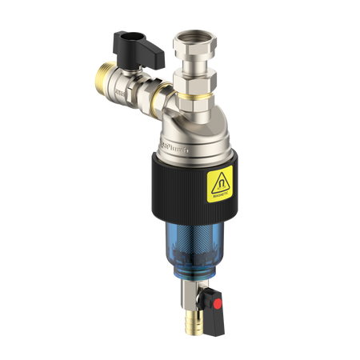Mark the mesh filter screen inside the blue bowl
point(192,240)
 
